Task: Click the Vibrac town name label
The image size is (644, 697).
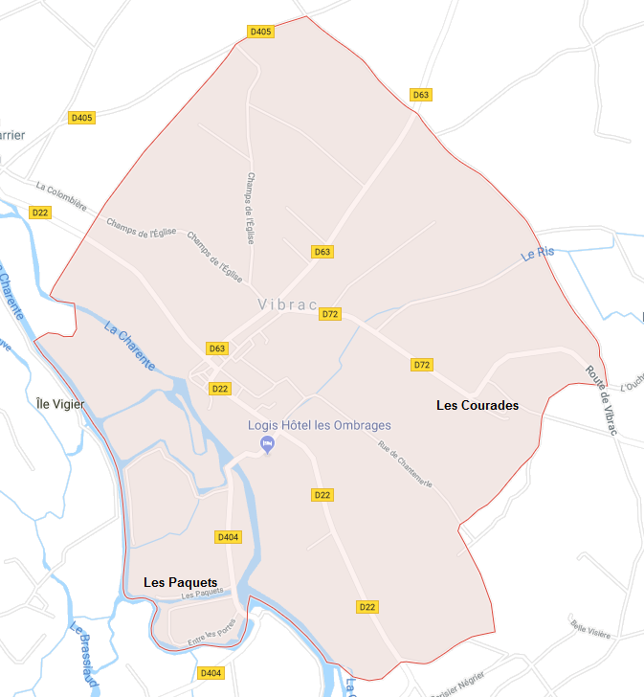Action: [287, 304]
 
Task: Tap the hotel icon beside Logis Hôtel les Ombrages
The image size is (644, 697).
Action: [269, 444]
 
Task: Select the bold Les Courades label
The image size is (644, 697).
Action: [477, 405]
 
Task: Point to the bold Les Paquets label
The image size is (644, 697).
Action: [180, 582]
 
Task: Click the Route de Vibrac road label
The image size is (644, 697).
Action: [602, 402]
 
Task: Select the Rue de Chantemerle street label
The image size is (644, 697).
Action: [406, 463]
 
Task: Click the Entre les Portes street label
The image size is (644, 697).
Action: [211, 635]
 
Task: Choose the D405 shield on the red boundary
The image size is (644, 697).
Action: [260, 32]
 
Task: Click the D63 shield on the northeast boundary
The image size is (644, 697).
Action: [420, 94]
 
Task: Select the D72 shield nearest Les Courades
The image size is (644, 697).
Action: [422, 365]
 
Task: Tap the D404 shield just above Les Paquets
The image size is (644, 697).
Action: [228, 537]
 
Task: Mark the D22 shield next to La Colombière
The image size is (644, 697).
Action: [39, 213]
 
